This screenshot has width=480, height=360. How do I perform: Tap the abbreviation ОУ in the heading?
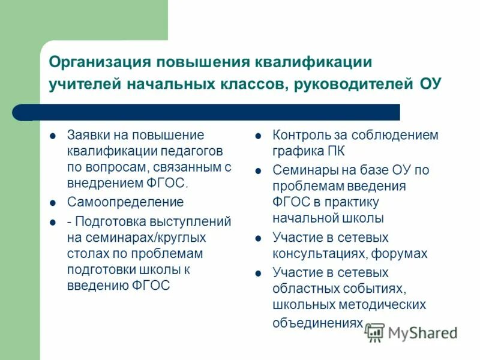[428, 83]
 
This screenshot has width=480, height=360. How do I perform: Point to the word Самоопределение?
[125, 202]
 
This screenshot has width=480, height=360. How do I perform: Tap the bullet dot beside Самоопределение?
[52, 203]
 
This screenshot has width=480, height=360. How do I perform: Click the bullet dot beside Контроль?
[257, 136]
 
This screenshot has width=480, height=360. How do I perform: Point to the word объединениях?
[317, 322]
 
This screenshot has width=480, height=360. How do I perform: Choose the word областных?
[304, 289]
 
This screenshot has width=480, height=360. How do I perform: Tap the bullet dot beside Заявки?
[52, 136]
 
